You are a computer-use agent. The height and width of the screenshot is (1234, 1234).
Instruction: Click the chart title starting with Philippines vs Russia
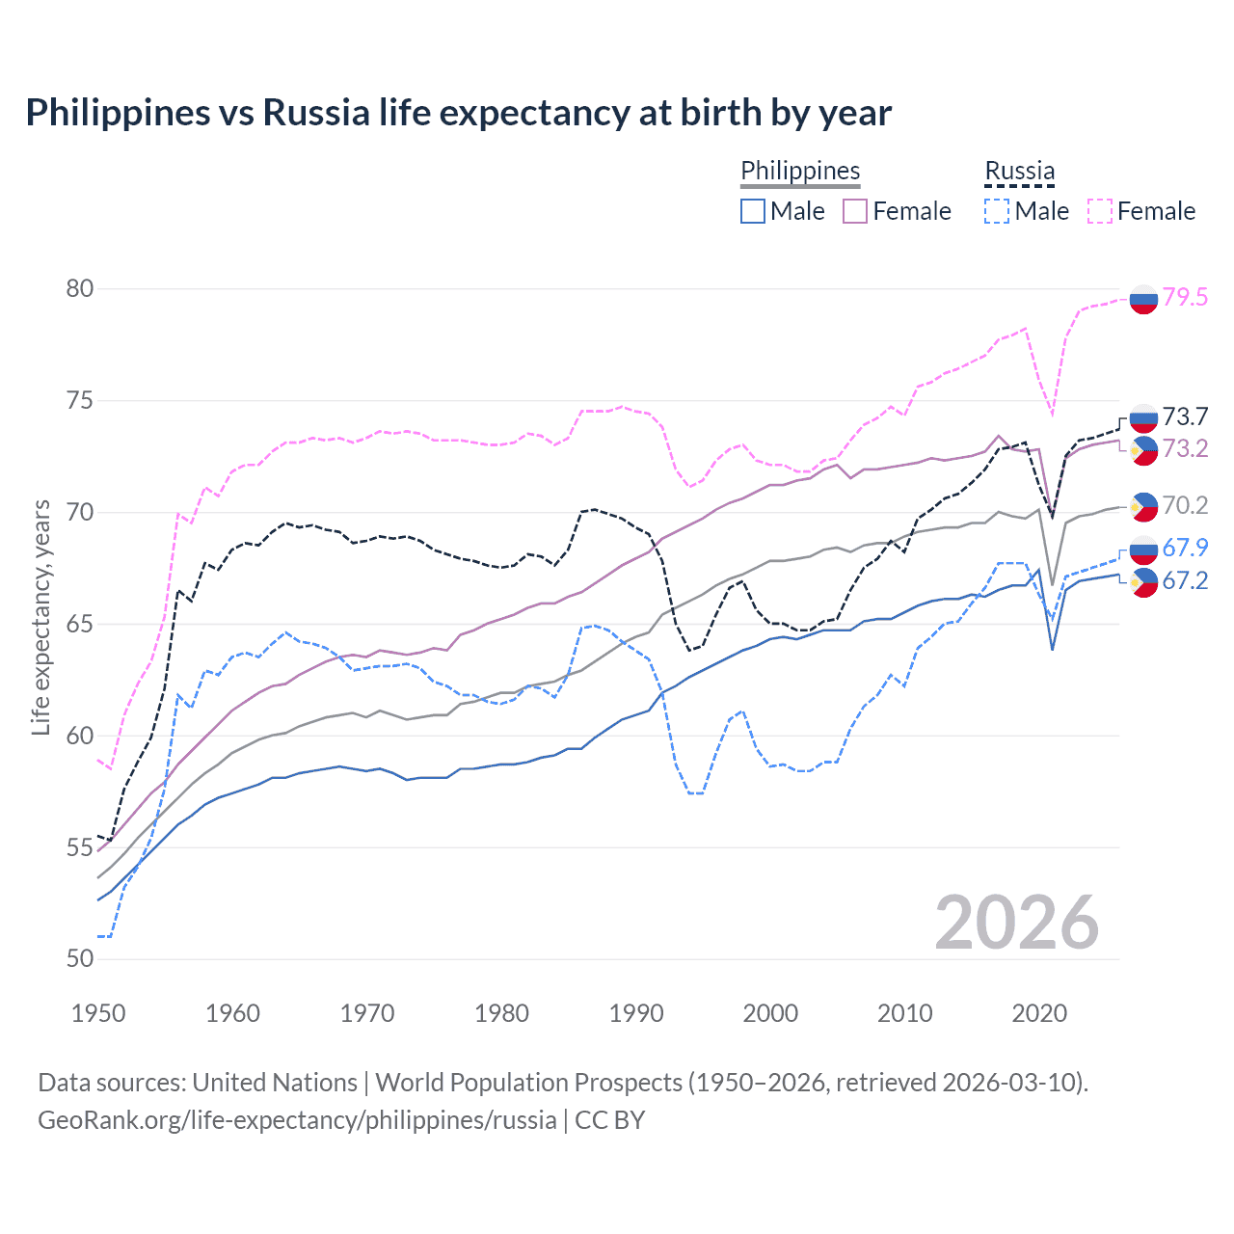pyautogui.click(x=458, y=113)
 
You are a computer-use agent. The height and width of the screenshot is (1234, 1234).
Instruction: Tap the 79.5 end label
pyautogui.click(x=1185, y=297)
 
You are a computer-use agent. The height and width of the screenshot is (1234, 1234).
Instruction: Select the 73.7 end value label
pyautogui.click(x=1185, y=416)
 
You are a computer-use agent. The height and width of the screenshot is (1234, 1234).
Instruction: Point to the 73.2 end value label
pyautogui.click(x=1185, y=448)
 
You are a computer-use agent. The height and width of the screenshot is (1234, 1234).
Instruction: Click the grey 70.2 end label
pyautogui.click(x=1185, y=505)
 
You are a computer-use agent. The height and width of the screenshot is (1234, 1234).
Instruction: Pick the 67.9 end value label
pyautogui.click(x=1185, y=548)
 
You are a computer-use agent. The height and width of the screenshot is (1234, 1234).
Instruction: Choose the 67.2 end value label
pyautogui.click(x=1185, y=580)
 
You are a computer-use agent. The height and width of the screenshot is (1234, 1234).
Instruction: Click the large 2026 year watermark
pyautogui.click(x=1016, y=923)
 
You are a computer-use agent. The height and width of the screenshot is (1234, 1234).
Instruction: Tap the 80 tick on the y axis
pyautogui.click(x=80, y=288)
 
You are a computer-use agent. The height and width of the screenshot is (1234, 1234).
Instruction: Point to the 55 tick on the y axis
pyautogui.click(x=80, y=847)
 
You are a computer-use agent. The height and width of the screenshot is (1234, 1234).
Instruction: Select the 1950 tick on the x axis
pyautogui.click(x=98, y=1013)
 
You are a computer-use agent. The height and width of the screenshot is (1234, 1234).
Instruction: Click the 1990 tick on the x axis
pyautogui.click(x=636, y=1013)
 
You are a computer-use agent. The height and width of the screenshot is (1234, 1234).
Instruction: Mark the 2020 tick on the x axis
pyautogui.click(x=1039, y=1013)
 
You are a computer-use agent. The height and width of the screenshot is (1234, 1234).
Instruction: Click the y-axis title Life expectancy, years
pyautogui.click(x=40, y=617)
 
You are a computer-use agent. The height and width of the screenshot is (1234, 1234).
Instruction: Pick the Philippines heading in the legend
pyautogui.click(x=800, y=171)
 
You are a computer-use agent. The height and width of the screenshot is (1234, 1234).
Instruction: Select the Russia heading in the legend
pyautogui.click(x=1019, y=171)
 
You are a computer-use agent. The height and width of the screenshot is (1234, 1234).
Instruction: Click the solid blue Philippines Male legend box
pyautogui.click(x=753, y=211)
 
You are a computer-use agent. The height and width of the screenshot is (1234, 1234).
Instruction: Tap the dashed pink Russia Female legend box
pyautogui.click(x=1100, y=211)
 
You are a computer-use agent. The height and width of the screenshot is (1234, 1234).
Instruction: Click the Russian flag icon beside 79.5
pyautogui.click(x=1143, y=300)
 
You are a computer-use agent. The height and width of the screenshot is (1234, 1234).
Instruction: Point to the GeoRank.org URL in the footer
pyautogui.click(x=297, y=1119)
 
